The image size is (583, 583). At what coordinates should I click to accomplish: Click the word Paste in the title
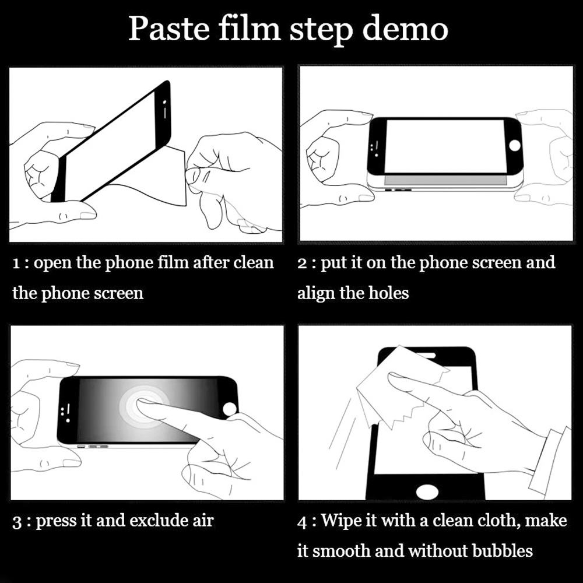click(170, 29)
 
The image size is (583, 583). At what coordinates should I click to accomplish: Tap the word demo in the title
click(405, 29)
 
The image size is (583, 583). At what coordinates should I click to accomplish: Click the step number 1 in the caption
click(16, 264)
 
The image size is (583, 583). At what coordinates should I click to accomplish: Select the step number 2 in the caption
click(302, 264)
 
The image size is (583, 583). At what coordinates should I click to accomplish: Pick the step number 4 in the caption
click(302, 522)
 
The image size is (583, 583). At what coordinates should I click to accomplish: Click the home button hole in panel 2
click(515, 145)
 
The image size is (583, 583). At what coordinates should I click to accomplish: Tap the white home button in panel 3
click(230, 409)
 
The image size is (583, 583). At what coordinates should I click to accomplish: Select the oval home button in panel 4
click(427, 491)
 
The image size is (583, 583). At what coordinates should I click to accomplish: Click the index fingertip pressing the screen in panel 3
click(143, 403)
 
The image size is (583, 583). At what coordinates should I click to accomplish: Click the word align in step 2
click(317, 294)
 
